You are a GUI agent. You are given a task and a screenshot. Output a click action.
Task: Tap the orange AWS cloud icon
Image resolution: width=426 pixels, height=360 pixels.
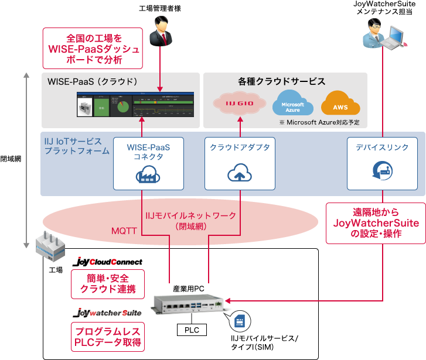point(340,104)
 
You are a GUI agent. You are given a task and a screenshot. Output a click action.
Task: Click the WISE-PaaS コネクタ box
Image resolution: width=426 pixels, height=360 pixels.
point(148,163)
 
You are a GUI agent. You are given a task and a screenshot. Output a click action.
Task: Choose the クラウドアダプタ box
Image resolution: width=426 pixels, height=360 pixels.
point(240,163)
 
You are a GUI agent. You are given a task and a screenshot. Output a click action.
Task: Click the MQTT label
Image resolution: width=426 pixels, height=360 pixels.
point(124,231)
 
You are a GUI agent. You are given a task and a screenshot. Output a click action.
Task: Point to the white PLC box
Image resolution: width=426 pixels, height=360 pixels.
point(192,330)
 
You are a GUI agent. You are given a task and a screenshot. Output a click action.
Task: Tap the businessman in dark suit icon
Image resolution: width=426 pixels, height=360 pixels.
point(159,32)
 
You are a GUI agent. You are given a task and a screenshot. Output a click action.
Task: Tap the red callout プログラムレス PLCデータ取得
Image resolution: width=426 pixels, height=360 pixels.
point(107,337)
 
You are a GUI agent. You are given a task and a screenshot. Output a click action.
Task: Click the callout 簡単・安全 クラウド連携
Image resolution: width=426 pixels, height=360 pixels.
point(107,283)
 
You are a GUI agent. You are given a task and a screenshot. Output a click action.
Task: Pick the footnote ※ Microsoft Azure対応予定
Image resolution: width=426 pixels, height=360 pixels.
point(319,122)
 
